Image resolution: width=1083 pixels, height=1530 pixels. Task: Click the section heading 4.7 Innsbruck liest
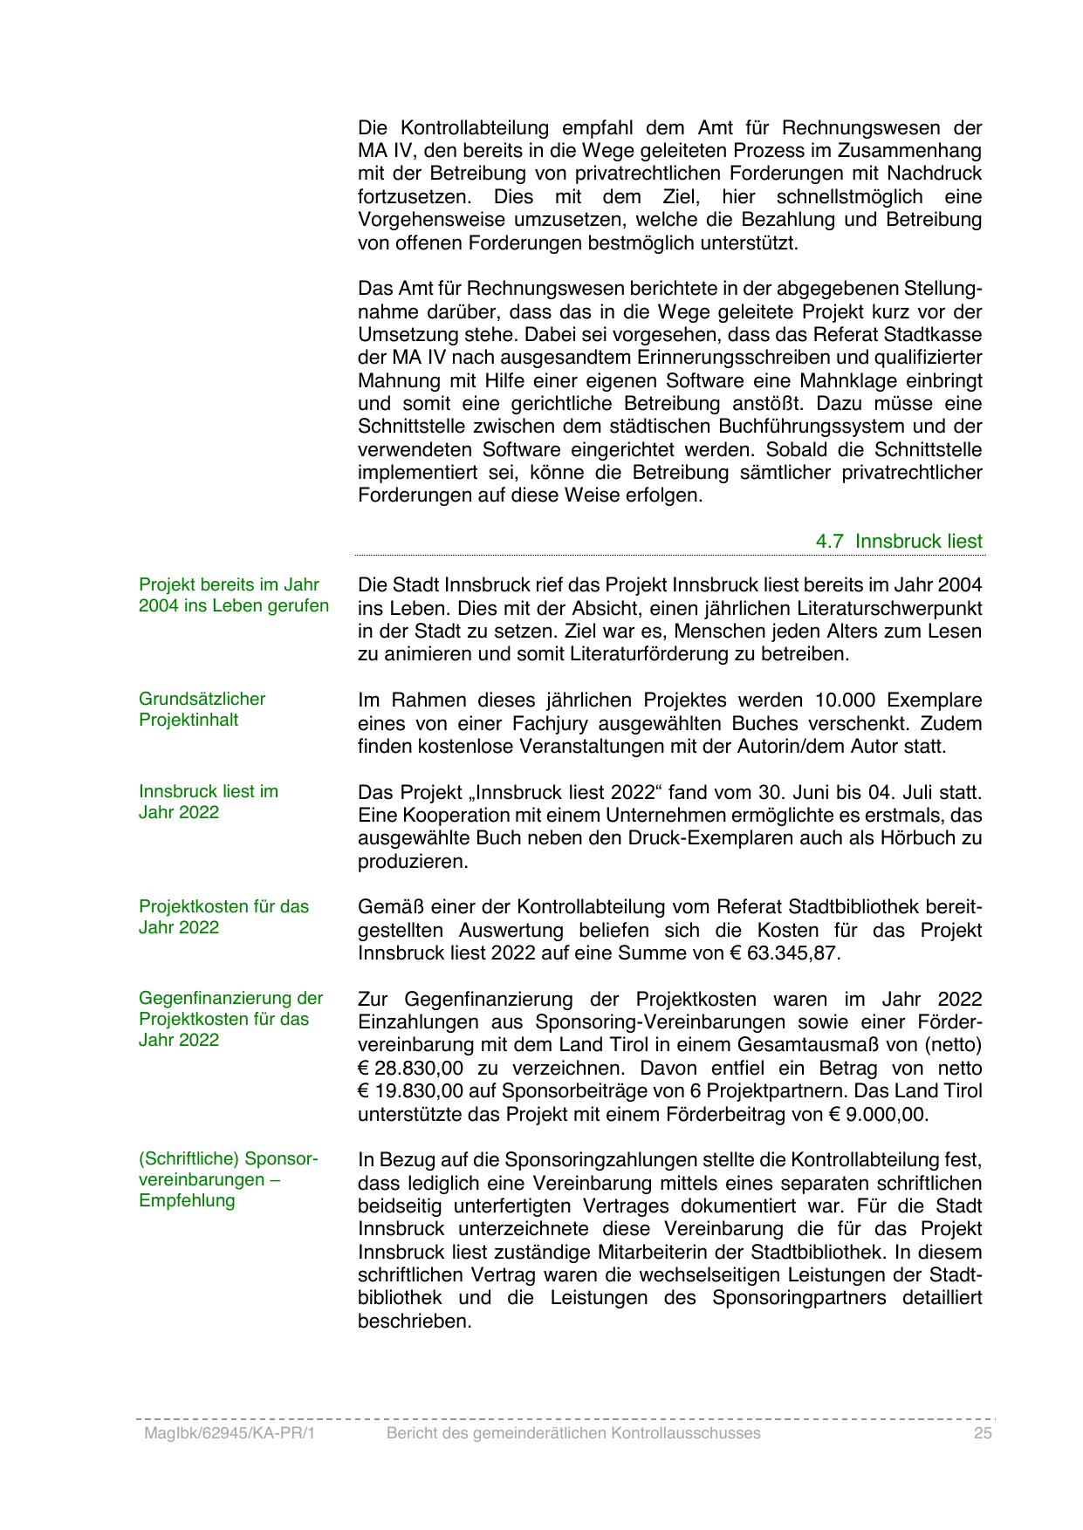tap(899, 541)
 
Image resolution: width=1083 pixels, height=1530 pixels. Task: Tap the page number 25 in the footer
tap(984, 1434)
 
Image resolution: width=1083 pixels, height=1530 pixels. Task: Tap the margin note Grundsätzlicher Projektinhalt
tap(202, 710)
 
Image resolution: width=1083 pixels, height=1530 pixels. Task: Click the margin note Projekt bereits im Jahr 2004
tap(233, 596)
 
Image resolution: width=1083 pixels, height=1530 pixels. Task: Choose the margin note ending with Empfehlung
tap(228, 1180)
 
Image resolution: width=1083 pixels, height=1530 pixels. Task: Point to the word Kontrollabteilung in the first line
tap(472, 127)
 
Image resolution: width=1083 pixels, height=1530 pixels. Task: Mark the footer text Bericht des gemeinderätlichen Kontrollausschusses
tap(573, 1434)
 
